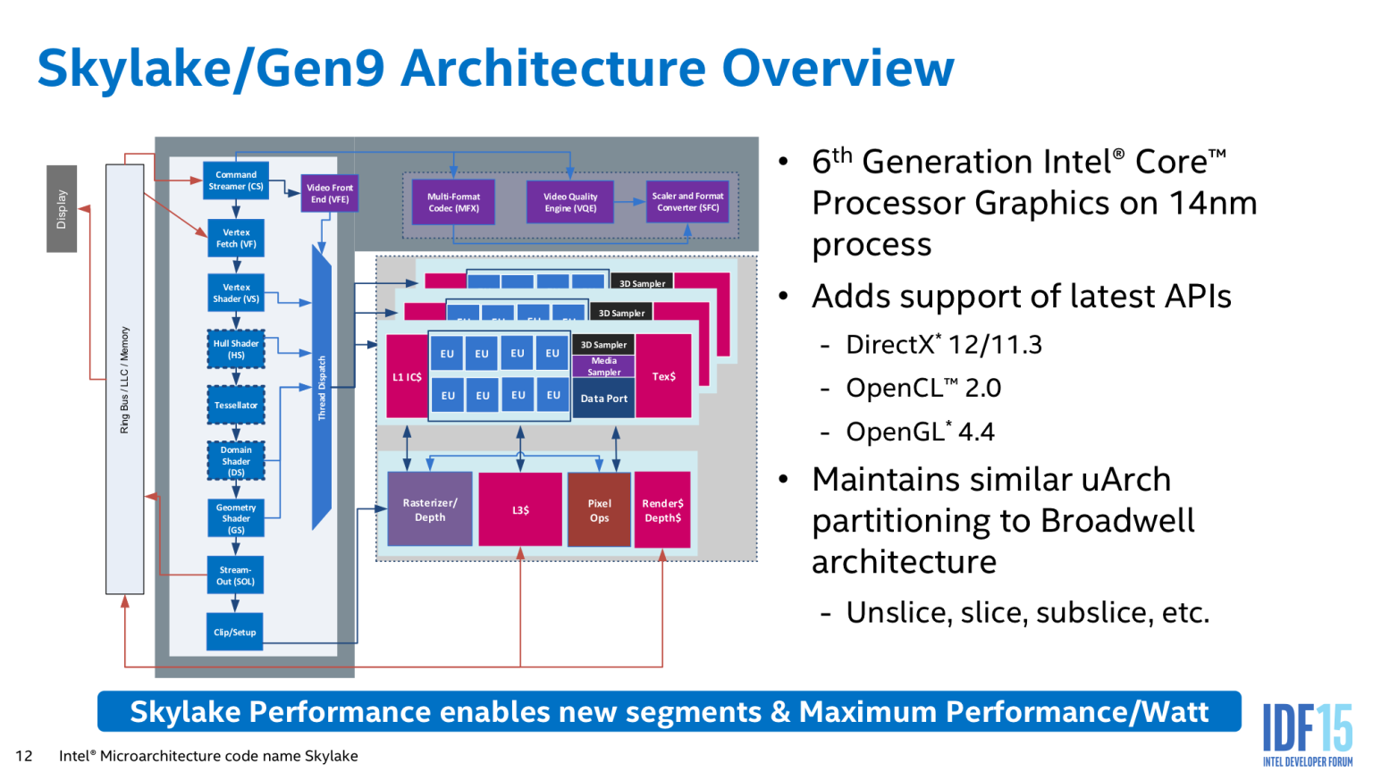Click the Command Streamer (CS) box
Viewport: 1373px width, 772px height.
236,180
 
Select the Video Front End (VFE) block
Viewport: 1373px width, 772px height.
330,193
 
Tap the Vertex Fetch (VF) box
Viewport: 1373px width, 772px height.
236,238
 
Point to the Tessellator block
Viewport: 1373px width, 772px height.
236,406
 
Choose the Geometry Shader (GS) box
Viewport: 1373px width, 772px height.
236,518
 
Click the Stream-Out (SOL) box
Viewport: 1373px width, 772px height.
235,575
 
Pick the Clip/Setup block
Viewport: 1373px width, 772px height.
234,632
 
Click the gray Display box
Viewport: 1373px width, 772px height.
62,208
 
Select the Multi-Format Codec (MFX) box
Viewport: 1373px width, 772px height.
453,202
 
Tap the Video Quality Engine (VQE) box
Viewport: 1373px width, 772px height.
570,202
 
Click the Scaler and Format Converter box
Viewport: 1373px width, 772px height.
687,202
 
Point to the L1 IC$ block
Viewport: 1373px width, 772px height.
407,376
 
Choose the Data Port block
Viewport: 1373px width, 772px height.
604,399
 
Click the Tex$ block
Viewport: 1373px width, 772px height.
664,376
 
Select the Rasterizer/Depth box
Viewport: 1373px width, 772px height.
430,509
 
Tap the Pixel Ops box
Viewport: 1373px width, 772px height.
599,509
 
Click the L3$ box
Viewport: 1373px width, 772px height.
520,509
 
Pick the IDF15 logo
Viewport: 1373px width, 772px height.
1307,733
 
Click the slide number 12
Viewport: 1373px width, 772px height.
24,756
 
